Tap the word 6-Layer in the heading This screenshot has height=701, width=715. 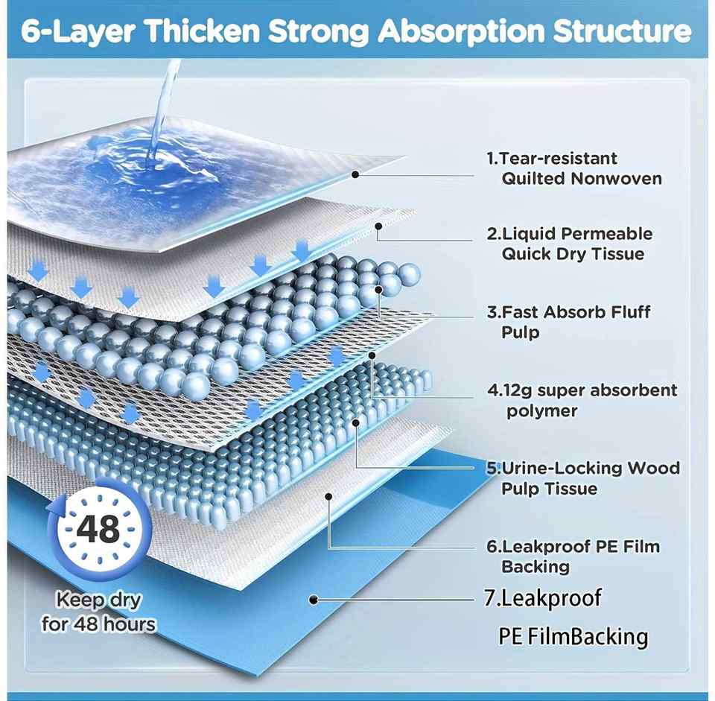78,31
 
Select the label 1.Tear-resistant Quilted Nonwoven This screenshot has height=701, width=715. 574,168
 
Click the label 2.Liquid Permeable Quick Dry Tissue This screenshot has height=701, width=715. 570,244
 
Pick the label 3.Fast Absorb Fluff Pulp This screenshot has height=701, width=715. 568,322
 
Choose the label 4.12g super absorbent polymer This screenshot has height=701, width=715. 582,400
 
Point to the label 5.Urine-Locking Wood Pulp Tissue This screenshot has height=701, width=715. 583,478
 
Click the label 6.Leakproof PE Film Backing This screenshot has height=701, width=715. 573,556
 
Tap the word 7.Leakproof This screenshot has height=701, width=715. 543,598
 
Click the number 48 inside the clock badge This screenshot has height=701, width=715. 98,529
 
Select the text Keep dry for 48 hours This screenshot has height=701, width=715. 98,612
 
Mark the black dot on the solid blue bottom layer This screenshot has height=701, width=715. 314,599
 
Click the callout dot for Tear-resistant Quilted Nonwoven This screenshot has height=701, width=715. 356,174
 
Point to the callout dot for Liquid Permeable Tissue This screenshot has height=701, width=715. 378,226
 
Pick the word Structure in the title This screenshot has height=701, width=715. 623,31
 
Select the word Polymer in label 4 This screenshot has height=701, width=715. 541,411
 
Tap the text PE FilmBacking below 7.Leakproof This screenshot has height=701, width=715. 573,637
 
